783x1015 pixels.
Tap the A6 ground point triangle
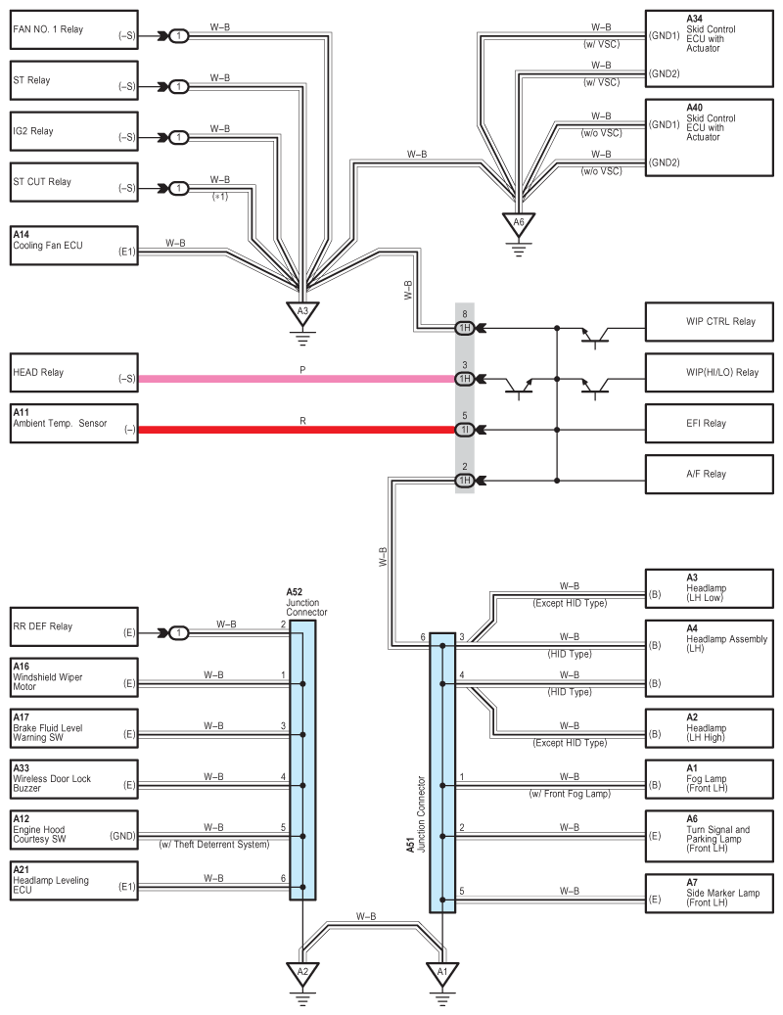519,224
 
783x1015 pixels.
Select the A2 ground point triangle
302,974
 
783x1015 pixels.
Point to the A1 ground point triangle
442,974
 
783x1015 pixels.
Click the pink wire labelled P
297,379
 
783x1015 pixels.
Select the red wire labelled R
297,430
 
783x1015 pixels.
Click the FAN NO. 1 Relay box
74,29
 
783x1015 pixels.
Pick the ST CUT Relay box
74,183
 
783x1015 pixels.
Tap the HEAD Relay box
74,373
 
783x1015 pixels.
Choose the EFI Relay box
710,424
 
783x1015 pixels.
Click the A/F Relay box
710,475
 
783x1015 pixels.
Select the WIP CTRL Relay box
710,322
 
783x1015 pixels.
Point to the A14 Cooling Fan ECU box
74,246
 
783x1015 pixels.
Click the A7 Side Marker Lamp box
710,894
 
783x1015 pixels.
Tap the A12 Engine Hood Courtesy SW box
74,830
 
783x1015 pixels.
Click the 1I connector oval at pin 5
465,430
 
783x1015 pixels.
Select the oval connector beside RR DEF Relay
179,633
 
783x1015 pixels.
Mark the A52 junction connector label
306,603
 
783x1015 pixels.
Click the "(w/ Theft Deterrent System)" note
214,845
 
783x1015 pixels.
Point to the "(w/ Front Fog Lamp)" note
570,794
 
